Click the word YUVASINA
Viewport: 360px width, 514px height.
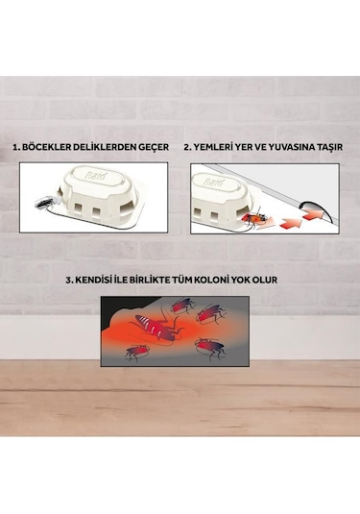(295, 148)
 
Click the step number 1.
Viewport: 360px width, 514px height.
(16, 148)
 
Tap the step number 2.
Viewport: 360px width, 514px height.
(186, 148)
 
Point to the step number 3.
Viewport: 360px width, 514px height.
(69, 281)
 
